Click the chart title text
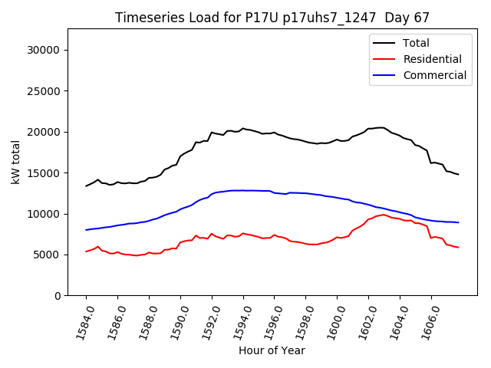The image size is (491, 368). click(x=272, y=18)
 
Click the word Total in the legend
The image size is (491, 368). click(x=416, y=43)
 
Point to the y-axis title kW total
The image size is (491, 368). click(x=15, y=163)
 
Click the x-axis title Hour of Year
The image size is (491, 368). click(x=272, y=350)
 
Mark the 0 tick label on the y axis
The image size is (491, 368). click(x=57, y=296)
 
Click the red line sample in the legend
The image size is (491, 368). click(x=386, y=59)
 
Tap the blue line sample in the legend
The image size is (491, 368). click(x=386, y=75)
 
